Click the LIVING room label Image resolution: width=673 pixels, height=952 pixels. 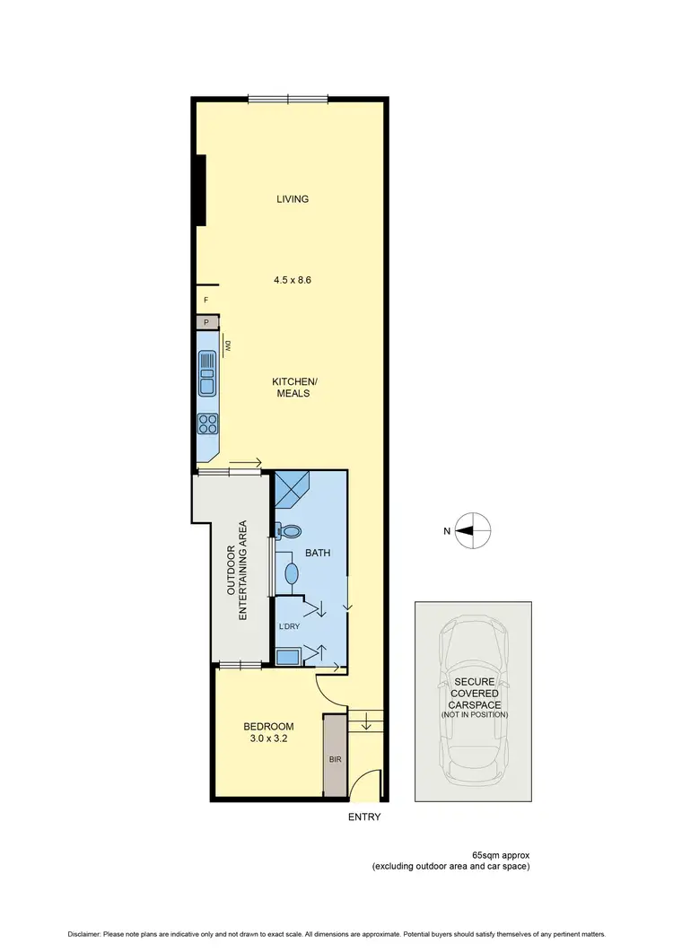point(293,199)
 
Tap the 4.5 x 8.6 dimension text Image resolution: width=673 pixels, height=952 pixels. point(293,280)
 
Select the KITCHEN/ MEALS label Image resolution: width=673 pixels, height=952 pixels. point(295,388)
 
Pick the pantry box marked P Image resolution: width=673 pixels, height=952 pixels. point(206,321)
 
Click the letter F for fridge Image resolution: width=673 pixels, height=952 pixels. point(205,300)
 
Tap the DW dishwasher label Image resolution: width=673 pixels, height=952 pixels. point(228,345)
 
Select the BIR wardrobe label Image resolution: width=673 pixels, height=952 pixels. point(336,758)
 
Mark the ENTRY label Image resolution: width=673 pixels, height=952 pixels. point(364,817)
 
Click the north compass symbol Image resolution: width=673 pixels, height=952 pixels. point(472,531)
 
